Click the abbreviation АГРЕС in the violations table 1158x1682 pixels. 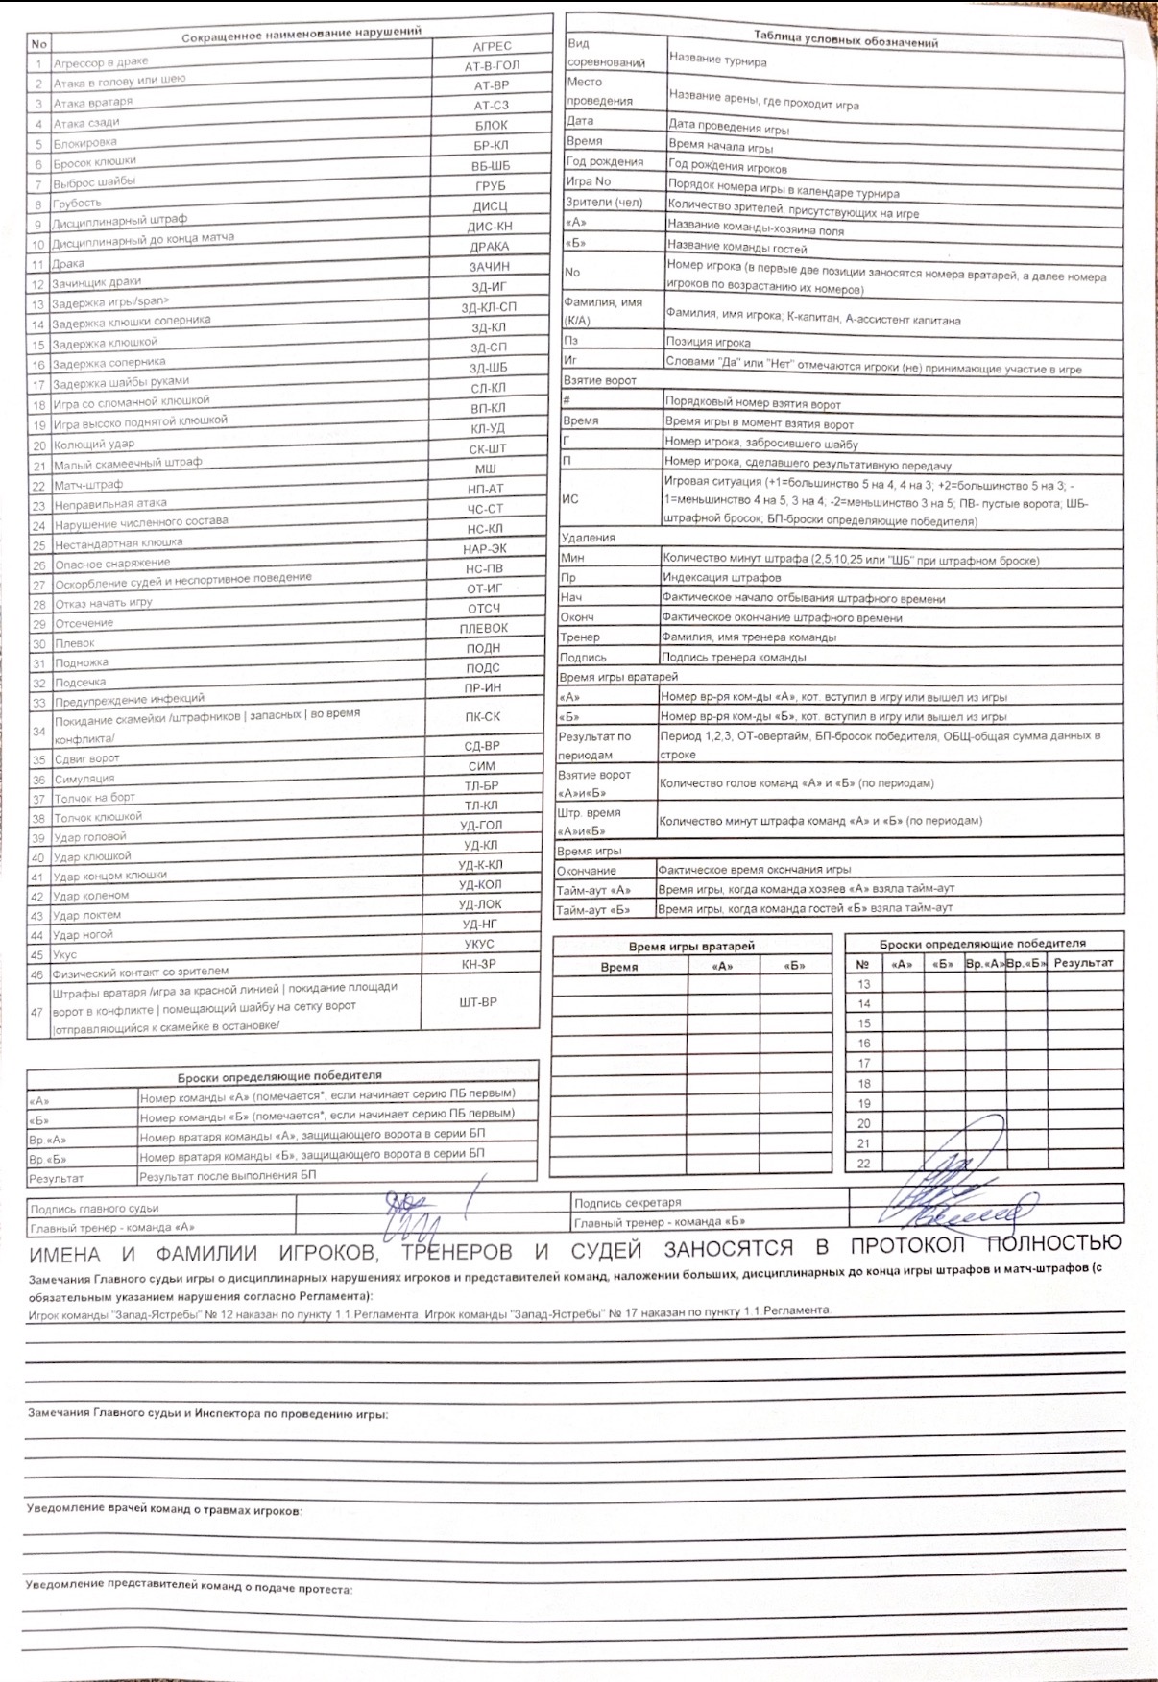[492, 46]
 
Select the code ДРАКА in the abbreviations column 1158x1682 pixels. [490, 247]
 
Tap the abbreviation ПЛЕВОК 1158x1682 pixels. [484, 628]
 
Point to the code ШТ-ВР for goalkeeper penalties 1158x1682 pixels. [478, 1002]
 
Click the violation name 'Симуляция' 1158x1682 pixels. [84, 779]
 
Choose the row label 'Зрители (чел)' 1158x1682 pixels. [603, 202]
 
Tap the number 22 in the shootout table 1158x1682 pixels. [863, 1164]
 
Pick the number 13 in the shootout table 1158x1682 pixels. [863, 984]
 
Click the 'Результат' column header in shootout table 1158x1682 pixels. [1084, 962]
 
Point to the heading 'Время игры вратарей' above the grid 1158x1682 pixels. [691, 946]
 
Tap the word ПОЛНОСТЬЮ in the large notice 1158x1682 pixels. [1053, 1244]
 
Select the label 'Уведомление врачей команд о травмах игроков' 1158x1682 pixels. [163, 1509]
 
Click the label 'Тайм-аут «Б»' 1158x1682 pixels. [592, 909]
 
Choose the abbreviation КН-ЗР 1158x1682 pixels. [477, 964]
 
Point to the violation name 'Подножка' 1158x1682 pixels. [82, 662]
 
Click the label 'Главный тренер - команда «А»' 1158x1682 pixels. [112, 1228]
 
